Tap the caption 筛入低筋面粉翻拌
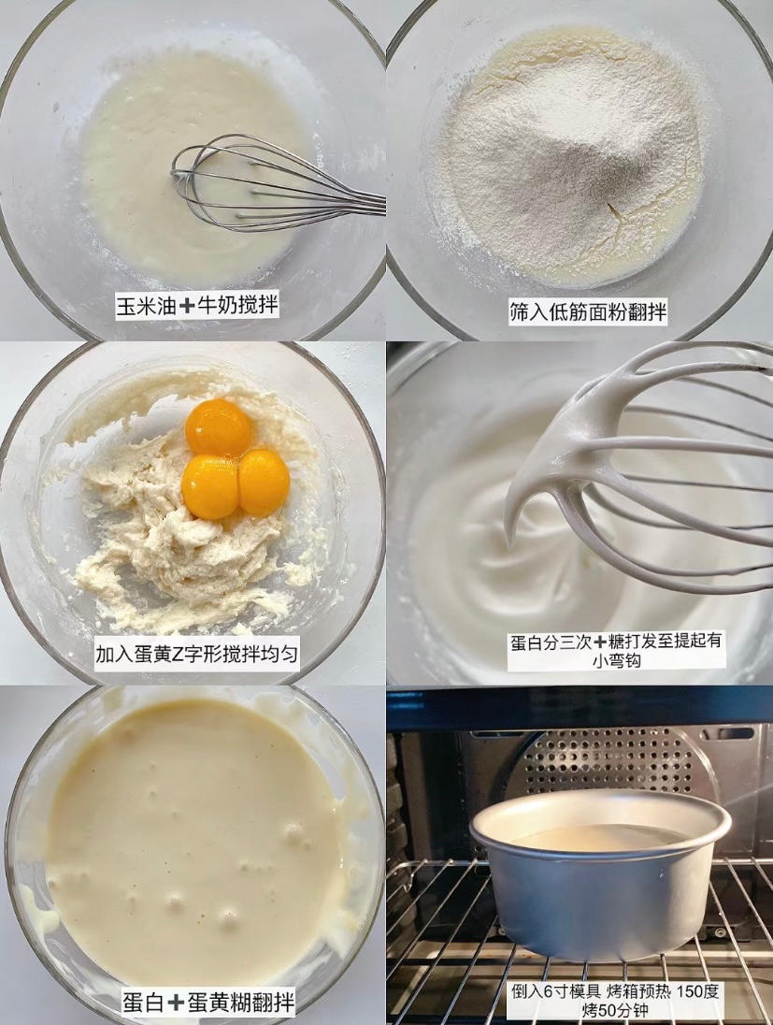[588, 313]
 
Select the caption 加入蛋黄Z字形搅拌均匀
[197, 653]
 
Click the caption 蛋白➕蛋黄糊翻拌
[208, 1003]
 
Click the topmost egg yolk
[219, 427]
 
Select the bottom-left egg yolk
[210, 486]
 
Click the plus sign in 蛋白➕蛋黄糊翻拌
[177, 1003]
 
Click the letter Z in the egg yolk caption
[179, 653]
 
